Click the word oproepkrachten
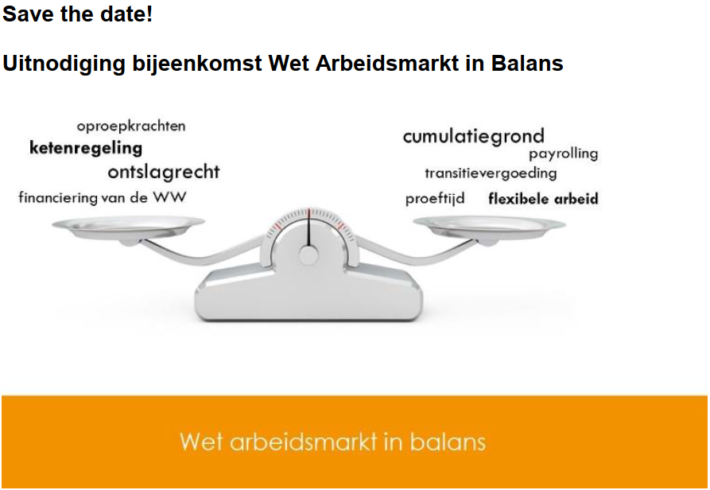click(x=131, y=126)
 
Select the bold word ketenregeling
click(x=86, y=148)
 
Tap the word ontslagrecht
click(x=164, y=172)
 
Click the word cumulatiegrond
click(x=474, y=136)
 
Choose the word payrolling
click(x=563, y=154)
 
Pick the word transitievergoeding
click(x=491, y=173)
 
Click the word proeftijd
click(x=435, y=198)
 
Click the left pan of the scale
click(x=128, y=227)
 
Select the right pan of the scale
click(x=490, y=227)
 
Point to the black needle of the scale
click(x=310, y=229)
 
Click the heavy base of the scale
click(x=308, y=294)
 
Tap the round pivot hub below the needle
click(x=308, y=256)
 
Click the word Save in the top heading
click(x=28, y=14)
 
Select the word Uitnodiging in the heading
click(x=64, y=64)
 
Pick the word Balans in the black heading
click(x=527, y=63)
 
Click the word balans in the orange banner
click(x=448, y=441)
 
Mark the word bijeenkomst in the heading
click(x=197, y=64)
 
